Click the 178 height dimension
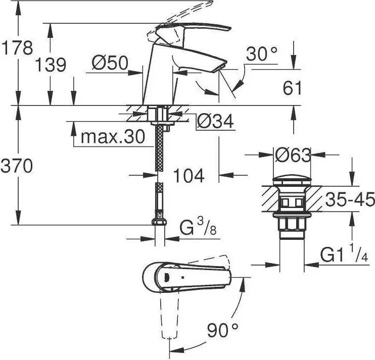click(17, 48)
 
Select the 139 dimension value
click(51, 65)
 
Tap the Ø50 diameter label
click(110, 63)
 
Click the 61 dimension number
click(292, 88)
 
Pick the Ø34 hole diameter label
click(215, 121)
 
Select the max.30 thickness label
click(113, 137)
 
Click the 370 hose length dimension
click(17, 166)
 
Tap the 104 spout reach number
click(189, 176)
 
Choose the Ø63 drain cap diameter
click(293, 155)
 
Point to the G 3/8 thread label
click(198, 228)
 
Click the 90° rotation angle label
click(223, 330)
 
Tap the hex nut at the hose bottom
click(159, 222)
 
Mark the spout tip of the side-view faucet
click(219, 67)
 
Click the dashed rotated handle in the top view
click(170, 316)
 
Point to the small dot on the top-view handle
click(183, 278)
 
